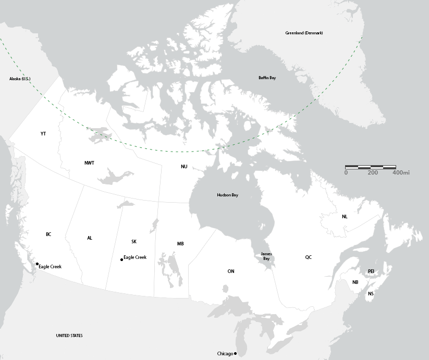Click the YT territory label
click(43, 134)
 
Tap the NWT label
click(90, 163)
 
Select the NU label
click(184, 167)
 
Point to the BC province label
click(48, 234)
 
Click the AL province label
click(90, 238)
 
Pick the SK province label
click(134, 242)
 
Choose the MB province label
click(180, 244)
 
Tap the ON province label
click(231, 271)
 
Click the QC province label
click(309, 257)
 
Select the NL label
click(345, 217)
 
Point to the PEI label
click(371, 271)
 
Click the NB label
click(356, 282)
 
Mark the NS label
click(371, 294)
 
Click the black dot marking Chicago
click(236, 354)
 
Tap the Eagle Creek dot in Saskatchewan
click(121, 259)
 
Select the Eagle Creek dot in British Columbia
click(37, 265)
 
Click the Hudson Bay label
click(227, 195)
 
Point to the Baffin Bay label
click(267, 78)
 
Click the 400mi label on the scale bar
click(401, 172)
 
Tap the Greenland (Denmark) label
click(304, 33)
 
